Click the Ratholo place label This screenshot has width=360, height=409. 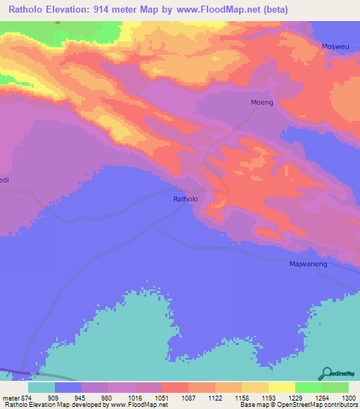186,200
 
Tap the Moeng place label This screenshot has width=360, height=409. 262,103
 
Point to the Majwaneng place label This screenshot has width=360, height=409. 309,264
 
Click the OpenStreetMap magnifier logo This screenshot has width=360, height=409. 326,372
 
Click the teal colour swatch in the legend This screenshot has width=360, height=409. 41,387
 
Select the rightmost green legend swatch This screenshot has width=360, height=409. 335,387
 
